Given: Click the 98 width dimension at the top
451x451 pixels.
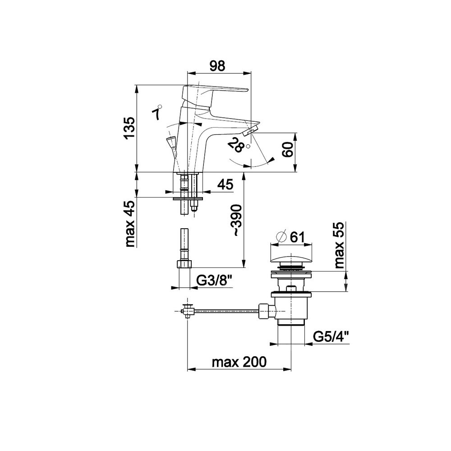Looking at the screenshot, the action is tap(217, 66).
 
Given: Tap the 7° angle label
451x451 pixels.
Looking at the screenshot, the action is tap(157, 112).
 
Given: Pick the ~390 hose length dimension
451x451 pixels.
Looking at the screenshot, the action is tap(238, 221).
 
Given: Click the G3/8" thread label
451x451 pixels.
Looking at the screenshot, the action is tap(214, 281).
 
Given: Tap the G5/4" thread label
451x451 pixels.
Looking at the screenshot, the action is tap(331, 336).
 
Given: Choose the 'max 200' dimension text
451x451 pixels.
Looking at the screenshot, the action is tap(239, 362).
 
